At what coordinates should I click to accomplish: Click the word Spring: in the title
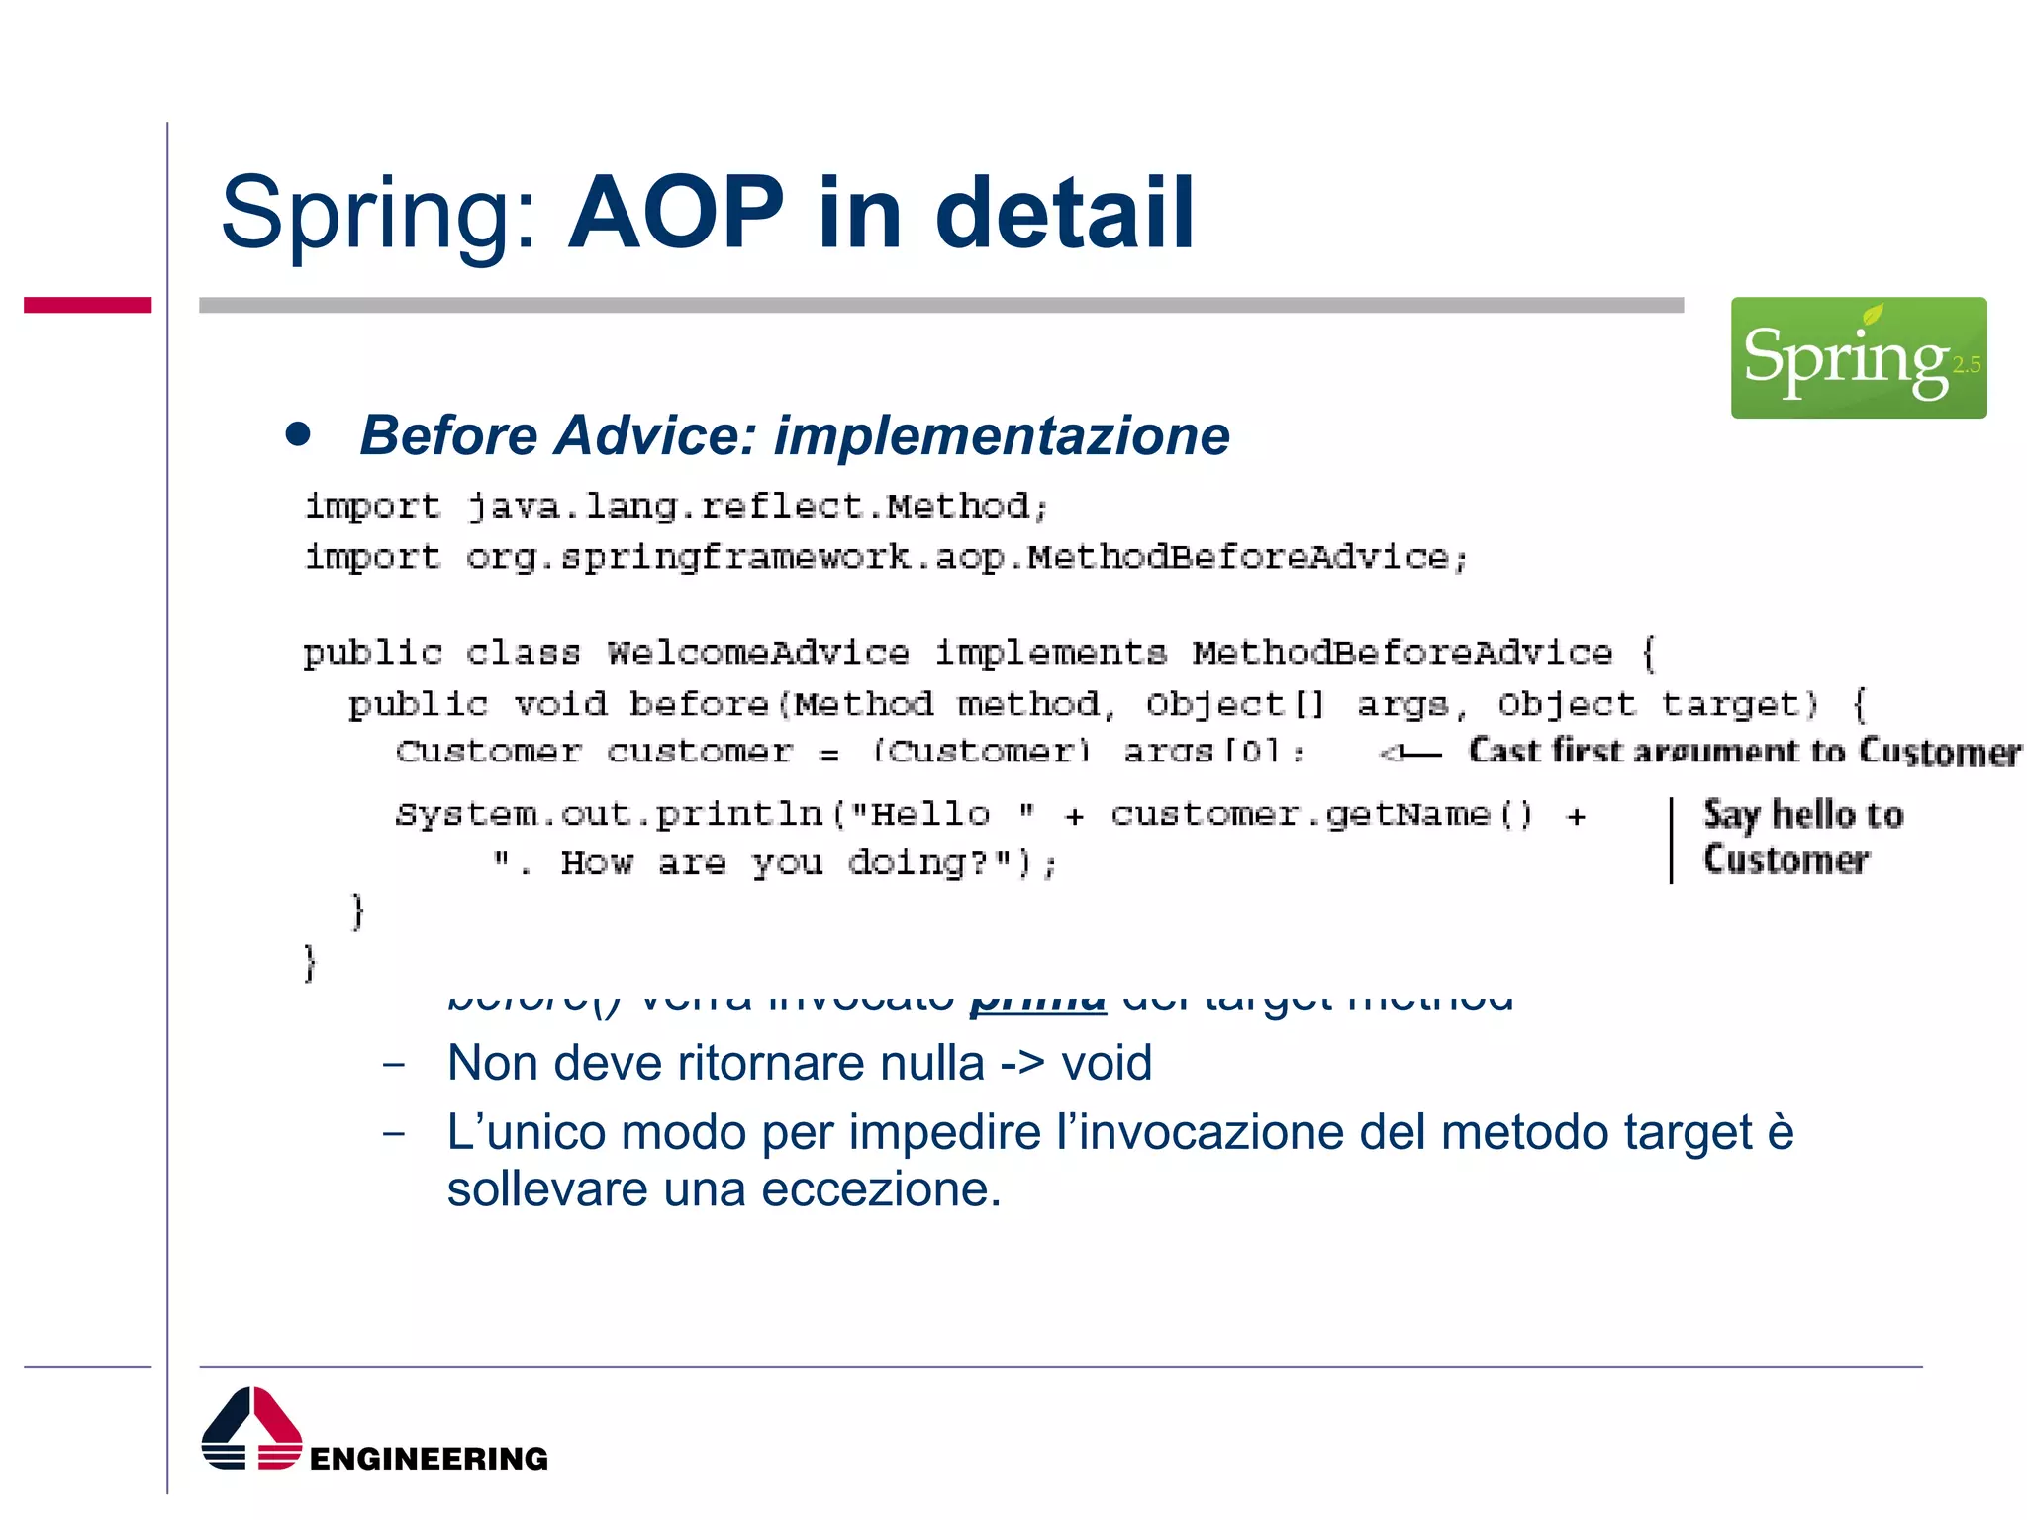pos(379,214)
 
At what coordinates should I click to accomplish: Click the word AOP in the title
pos(676,212)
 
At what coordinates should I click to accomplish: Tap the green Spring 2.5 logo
pos(1858,357)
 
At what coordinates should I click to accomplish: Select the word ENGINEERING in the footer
pos(429,1459)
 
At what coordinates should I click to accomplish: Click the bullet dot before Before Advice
pos(298,433)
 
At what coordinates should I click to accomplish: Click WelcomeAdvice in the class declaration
pos(757,653)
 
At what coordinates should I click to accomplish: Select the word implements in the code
pos(1050,653)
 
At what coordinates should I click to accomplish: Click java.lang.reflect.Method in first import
pos(747,507)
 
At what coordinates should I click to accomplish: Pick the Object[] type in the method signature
pos(1234,705)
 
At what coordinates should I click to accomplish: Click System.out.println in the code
pos(609,814)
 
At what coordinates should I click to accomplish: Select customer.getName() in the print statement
pos(1321,814)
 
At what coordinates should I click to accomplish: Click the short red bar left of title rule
pos(87,305)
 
